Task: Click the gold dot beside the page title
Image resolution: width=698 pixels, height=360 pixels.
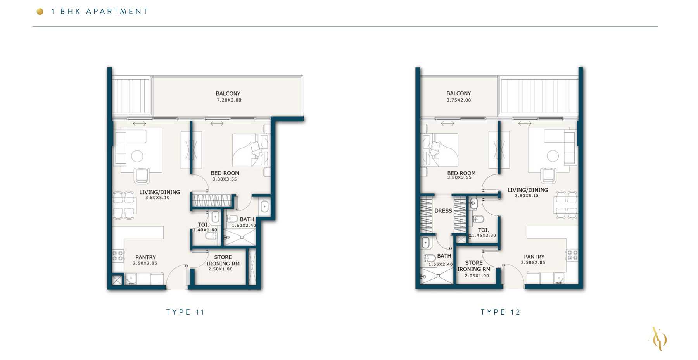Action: [40, 12]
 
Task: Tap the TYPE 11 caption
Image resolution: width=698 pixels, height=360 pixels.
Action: [185, 312]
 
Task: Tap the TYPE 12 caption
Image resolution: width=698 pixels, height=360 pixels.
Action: [500, 312]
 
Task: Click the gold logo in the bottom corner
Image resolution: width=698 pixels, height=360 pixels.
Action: [658, 339]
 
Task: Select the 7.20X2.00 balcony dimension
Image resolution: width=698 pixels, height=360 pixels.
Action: [229, 100]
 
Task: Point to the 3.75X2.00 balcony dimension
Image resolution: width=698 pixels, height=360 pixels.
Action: [459, 100]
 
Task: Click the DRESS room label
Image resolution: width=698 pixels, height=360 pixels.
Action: [443, 211]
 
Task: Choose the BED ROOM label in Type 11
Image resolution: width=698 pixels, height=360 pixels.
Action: [225, 173]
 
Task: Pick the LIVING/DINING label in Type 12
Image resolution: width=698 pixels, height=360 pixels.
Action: [528, 190]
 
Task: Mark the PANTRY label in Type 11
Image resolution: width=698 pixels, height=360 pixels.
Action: [145, 257]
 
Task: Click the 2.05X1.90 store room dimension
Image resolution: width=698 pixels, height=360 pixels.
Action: [477, 276]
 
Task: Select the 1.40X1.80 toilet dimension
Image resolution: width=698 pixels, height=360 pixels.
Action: [205, 230]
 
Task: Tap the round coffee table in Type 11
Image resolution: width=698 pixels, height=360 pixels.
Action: [137, 156]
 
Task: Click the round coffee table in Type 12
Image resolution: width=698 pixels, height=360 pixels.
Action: [553, 156]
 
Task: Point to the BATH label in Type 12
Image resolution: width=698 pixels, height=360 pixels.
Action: [444, 256]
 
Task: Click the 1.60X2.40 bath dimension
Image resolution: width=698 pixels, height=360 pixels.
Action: [244, 226]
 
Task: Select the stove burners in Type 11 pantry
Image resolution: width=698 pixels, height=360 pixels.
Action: [118, 256]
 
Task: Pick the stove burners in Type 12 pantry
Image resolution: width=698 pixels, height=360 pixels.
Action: [572, 255]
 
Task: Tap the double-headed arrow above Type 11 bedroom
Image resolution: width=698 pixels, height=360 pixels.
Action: [217, 124]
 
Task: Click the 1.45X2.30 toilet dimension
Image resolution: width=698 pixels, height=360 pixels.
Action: [484, 235]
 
